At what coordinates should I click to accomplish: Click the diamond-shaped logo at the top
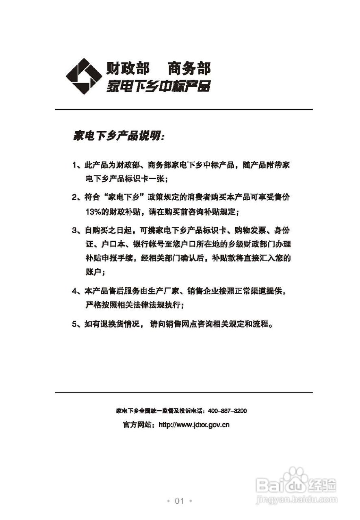pyautogui.click(x=84, y=76)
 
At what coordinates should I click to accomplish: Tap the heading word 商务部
pyautogui.click(x=189, y=68)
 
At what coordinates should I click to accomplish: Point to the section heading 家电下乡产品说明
pyautogui.click(x=118, y=136)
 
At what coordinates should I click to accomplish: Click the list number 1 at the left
pyautogui.click(x=75, y=165)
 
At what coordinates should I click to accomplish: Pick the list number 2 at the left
pyautogui.click(x=75, y=197)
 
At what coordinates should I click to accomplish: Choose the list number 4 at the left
pyautogui.click(x=75, y=291)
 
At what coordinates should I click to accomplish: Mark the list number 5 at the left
pyautogui.click(x=75, y=325)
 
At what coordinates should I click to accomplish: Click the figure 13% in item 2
pyautogui.click(x=94, y=212)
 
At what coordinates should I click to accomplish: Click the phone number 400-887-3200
pyautogui.click(x=227, y=411)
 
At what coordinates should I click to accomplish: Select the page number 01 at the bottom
pyautogui.click(x=180, y=501)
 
